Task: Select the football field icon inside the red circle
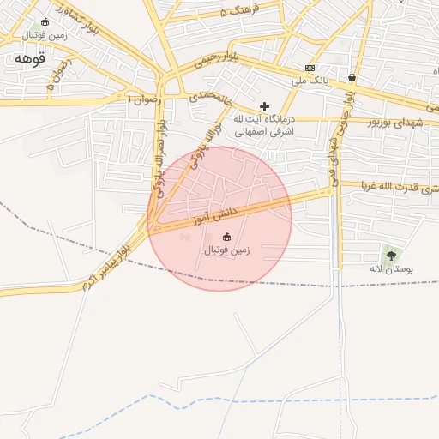click(x=226, y=236)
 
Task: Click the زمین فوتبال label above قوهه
click(x=45, y=36)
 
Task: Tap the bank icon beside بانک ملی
click(x=310, y=68)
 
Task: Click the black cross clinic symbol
click(x=264, y=105)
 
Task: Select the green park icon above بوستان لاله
click(x=391, y=255)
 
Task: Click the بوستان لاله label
click(x=391, y=269)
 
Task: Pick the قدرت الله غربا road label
click(x=395, y=187)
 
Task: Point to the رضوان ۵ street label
click(x=61, y=80)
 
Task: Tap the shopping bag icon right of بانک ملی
click(x=352, y=77)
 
